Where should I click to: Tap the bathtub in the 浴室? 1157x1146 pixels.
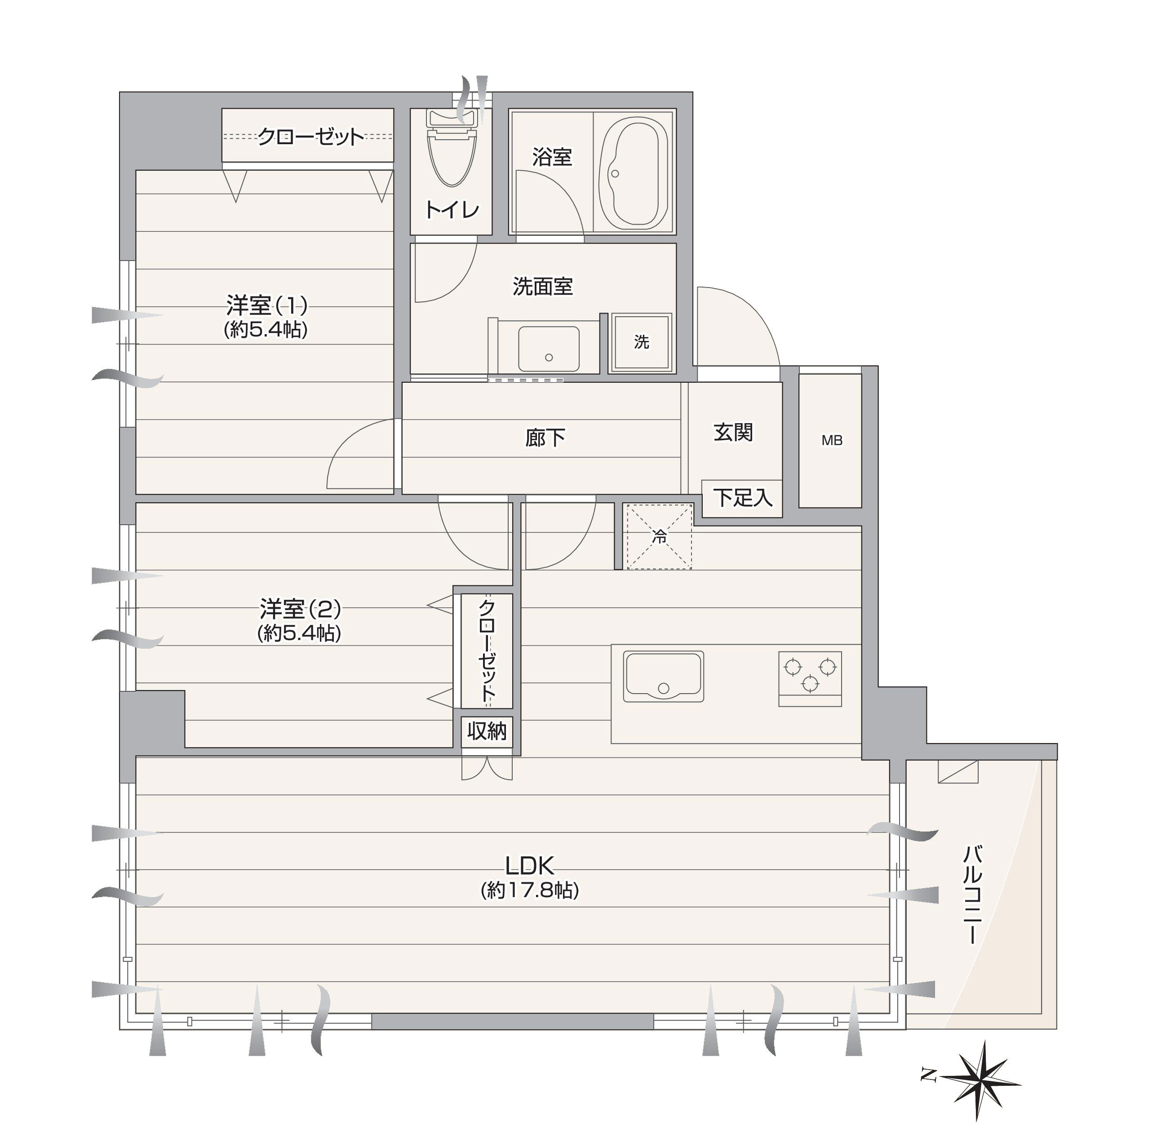point(634,173)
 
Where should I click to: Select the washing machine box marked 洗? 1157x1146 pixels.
point(640,342)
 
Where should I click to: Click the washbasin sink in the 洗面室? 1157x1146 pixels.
point(549,349)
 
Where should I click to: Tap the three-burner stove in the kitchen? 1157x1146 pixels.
point(810,678)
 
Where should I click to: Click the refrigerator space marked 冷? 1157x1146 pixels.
point(659,536)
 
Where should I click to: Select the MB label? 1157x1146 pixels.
point(831,441)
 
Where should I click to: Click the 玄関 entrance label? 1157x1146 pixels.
point(733,432)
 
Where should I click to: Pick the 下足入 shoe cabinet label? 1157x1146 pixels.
point(743,498)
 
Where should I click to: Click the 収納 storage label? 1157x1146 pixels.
point(487,731)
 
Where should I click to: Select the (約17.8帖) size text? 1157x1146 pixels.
point(529,890)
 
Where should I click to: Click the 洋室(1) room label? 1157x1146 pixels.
point(266,305)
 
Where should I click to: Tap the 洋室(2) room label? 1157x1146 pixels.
point(300,610)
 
